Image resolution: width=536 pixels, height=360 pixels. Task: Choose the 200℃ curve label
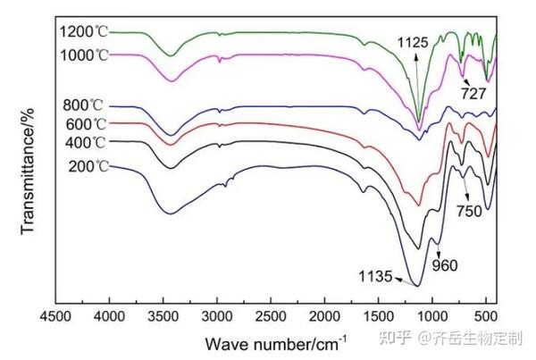tap(88, 167)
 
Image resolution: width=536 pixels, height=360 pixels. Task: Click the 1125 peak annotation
tap(414, 41)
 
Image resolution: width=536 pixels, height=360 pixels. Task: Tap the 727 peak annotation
tap(473, 91)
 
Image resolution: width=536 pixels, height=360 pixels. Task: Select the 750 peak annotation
tap(469, 212)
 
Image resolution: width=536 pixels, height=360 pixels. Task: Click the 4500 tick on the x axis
tap(55, 317)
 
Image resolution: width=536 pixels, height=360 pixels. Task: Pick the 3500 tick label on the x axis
tap(163, 317)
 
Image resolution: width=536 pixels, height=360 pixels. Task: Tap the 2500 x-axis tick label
tap(271, 317)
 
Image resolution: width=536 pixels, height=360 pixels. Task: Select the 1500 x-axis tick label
tap(378, 317)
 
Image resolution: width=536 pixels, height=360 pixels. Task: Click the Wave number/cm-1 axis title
tap(275, 342)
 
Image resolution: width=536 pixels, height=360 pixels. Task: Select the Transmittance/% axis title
tap(27, 170)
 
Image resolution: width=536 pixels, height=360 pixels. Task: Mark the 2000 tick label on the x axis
tap(324, 317)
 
